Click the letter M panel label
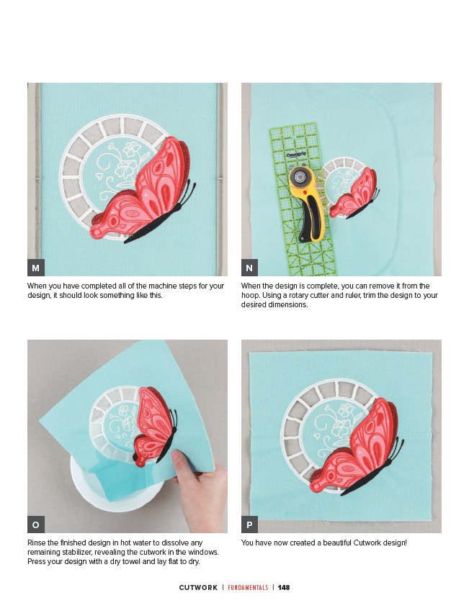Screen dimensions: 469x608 (x=36, y=268)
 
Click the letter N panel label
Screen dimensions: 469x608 (x=250, y=268)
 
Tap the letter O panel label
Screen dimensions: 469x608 (x=36, y=525)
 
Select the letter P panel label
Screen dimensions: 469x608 (x=250, y=525)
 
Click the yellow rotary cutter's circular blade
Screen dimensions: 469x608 (x=299, y=177)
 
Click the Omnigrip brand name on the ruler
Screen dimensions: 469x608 (x=296, y=155)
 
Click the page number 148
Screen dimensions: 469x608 (x=284, y=587)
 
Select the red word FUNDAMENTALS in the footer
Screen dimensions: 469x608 (x=248, y=587)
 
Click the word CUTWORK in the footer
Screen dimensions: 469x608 (x=198, y=587)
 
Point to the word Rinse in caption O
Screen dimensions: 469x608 (x=36, y=543)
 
